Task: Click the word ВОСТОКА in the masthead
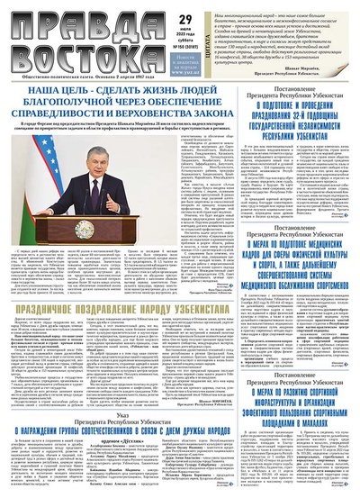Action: click(55, 49)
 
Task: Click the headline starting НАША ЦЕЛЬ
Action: click(112, 94)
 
